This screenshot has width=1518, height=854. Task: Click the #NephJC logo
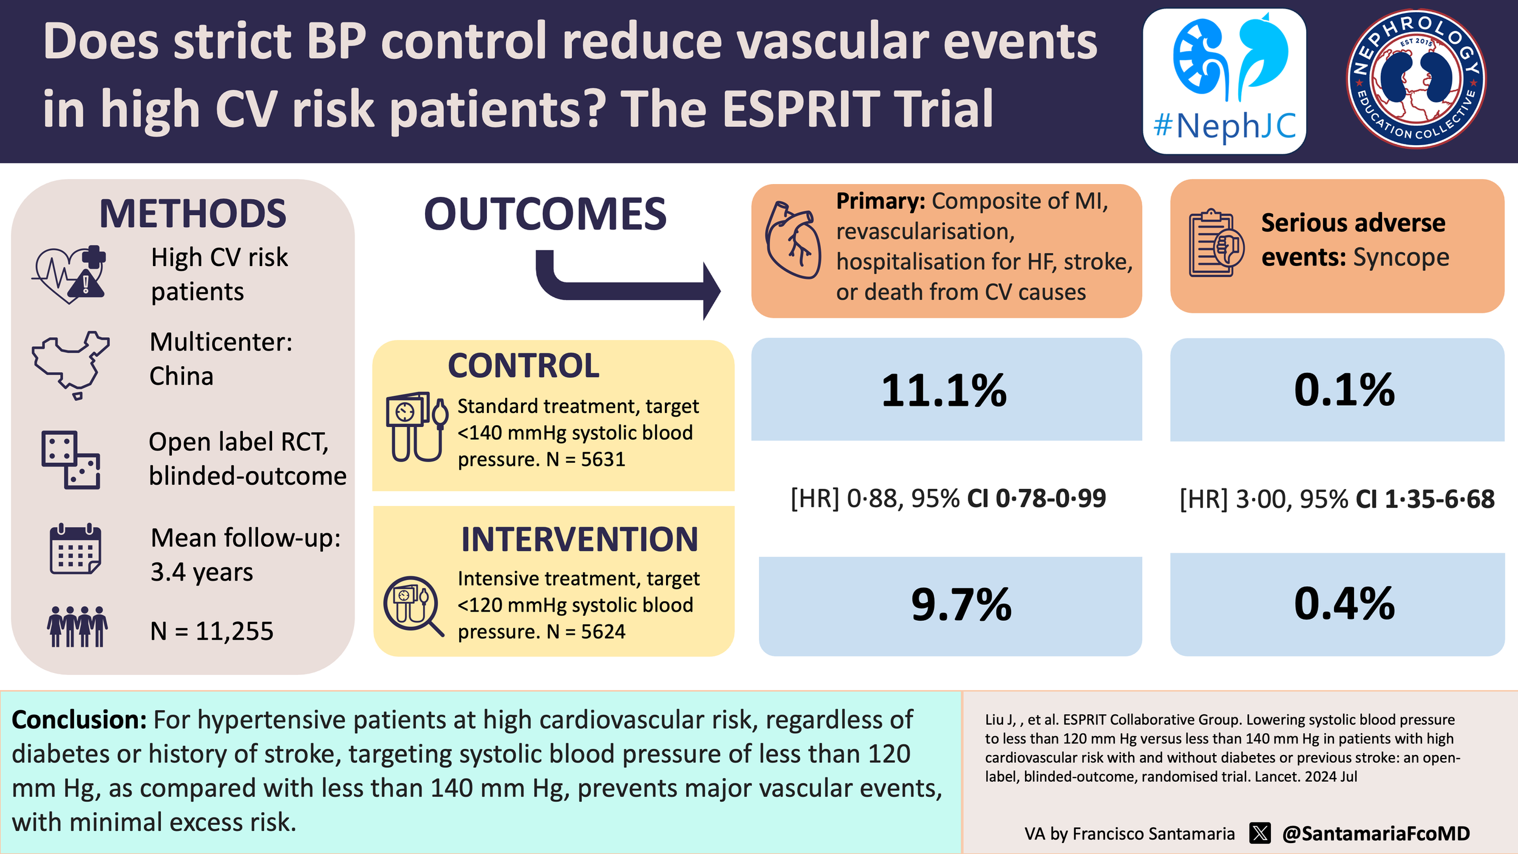[1224, 81]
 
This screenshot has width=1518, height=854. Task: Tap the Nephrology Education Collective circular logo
[1416, 79]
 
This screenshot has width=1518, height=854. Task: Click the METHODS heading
[192, 214]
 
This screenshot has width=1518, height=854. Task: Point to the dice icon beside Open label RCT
[70, 460]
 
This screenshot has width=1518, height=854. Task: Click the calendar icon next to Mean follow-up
[75, 549]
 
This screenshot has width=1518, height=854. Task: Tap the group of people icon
[78, 626]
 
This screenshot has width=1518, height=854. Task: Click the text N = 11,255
[212, 631]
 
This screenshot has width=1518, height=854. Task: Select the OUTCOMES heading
[545, 214]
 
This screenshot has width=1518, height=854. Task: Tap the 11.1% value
[944, 391]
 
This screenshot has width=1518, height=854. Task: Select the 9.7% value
[961, 605]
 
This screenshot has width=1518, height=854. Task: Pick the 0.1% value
[1344, 390]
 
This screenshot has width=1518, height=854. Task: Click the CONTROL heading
[523, 366]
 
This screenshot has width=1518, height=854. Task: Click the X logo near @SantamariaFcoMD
[1260, 833]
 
